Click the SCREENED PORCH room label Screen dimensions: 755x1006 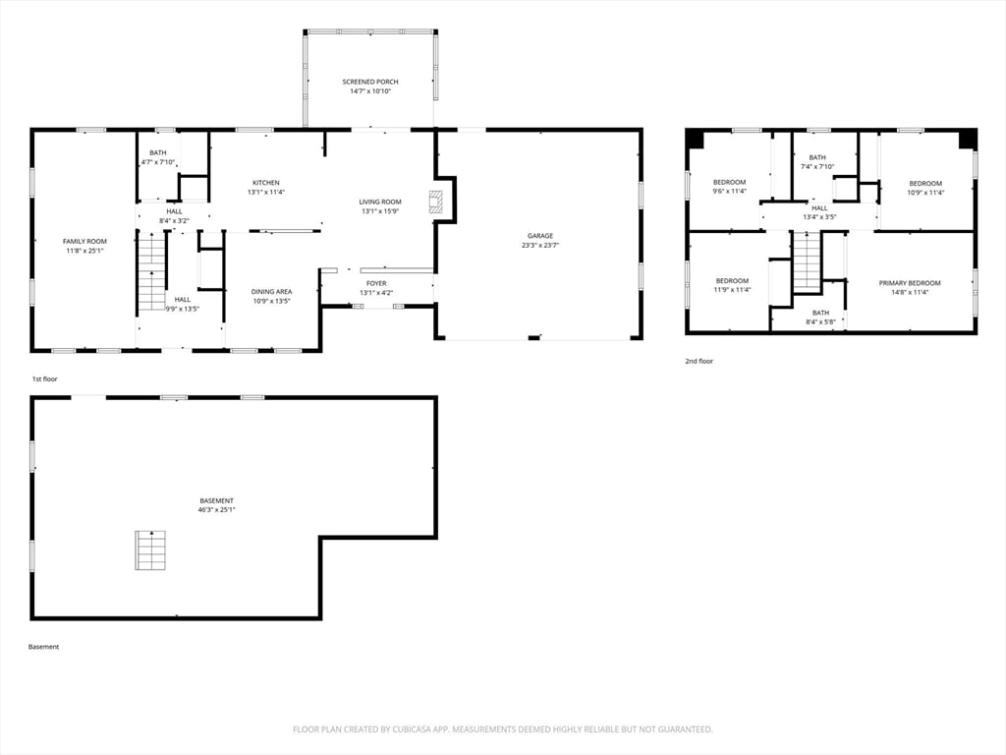click(x=369, y=82)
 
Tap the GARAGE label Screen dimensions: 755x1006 click(x=539, y=236)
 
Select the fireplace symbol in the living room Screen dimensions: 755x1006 click(x=435, y=202)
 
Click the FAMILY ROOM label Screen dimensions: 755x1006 click(x=84, y=241)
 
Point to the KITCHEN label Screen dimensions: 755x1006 click(x=266, y=183)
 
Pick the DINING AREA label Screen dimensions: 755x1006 click(x=271, y=291)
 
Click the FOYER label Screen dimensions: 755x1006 click(x=376, y=283)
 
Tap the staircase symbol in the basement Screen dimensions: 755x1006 click(x=149, y=550)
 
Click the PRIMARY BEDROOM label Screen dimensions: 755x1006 click(x=909, y=283)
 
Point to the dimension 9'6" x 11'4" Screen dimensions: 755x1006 click(x=729, y=192)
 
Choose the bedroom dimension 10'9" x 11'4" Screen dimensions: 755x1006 click(x=925, y=193)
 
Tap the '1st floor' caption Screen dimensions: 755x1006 click(x=44, y=378)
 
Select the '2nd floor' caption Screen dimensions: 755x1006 click(x=699, y=361)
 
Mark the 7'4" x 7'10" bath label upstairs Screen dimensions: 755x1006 click(x=817, y=166)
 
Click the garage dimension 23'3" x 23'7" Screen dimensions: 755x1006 click(x=539, y=246)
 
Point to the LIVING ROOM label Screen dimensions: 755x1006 click(x=380, y=202)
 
